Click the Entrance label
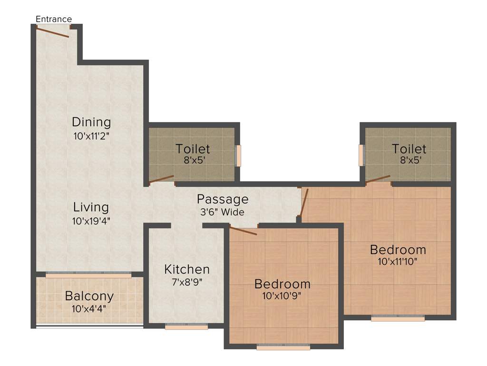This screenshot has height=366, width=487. (x=54, y=19)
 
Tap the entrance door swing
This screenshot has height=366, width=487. (x=52, y=31)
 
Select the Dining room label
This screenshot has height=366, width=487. (x=91, y=122)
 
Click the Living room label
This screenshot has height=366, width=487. (x=91, y=207)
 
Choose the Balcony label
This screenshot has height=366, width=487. (x=89, y=296)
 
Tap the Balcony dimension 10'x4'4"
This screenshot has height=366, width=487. (x=89, y=308)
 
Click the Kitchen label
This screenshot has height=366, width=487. (x=187, y=269)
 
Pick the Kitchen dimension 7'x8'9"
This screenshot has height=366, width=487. (x=187, y=282)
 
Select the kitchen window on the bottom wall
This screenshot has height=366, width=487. (x=186, y=327)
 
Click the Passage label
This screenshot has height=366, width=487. (x=223, y=199)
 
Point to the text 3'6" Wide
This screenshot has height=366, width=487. (x=223, y=212)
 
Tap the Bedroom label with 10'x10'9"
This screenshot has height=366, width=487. (x=282, y=284)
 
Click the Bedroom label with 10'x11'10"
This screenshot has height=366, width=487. (x=398, y=249)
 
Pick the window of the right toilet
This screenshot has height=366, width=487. (x=361, y=155)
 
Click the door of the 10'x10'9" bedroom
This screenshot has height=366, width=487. (x=243, y=231)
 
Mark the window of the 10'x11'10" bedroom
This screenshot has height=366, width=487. (x=398, y=318)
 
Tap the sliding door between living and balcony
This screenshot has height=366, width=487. (x=88, y=275)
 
